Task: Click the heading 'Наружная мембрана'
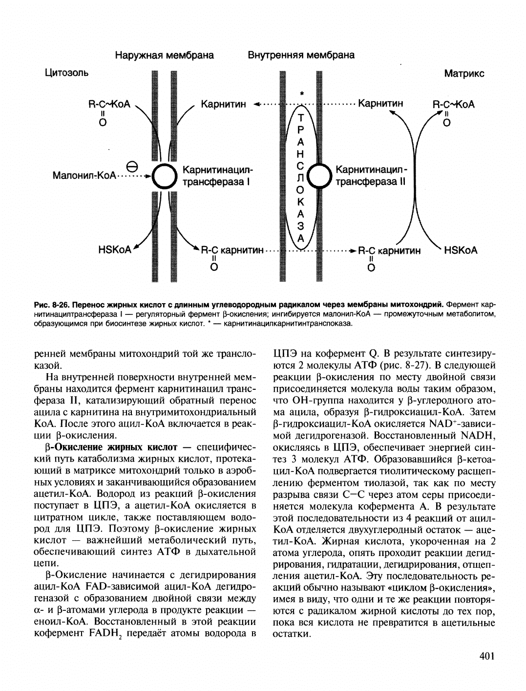[164, 55]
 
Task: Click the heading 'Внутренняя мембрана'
[301, 55]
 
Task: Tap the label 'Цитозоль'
[66, 73]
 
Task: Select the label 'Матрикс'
[464, 73]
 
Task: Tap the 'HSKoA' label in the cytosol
[115, 250]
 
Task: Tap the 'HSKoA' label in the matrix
[461, 250]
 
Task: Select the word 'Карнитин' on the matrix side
[381, 104]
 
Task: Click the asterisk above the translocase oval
[302, 93]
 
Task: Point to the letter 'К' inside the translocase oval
[301, 201]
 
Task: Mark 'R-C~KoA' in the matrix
[454, 105]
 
